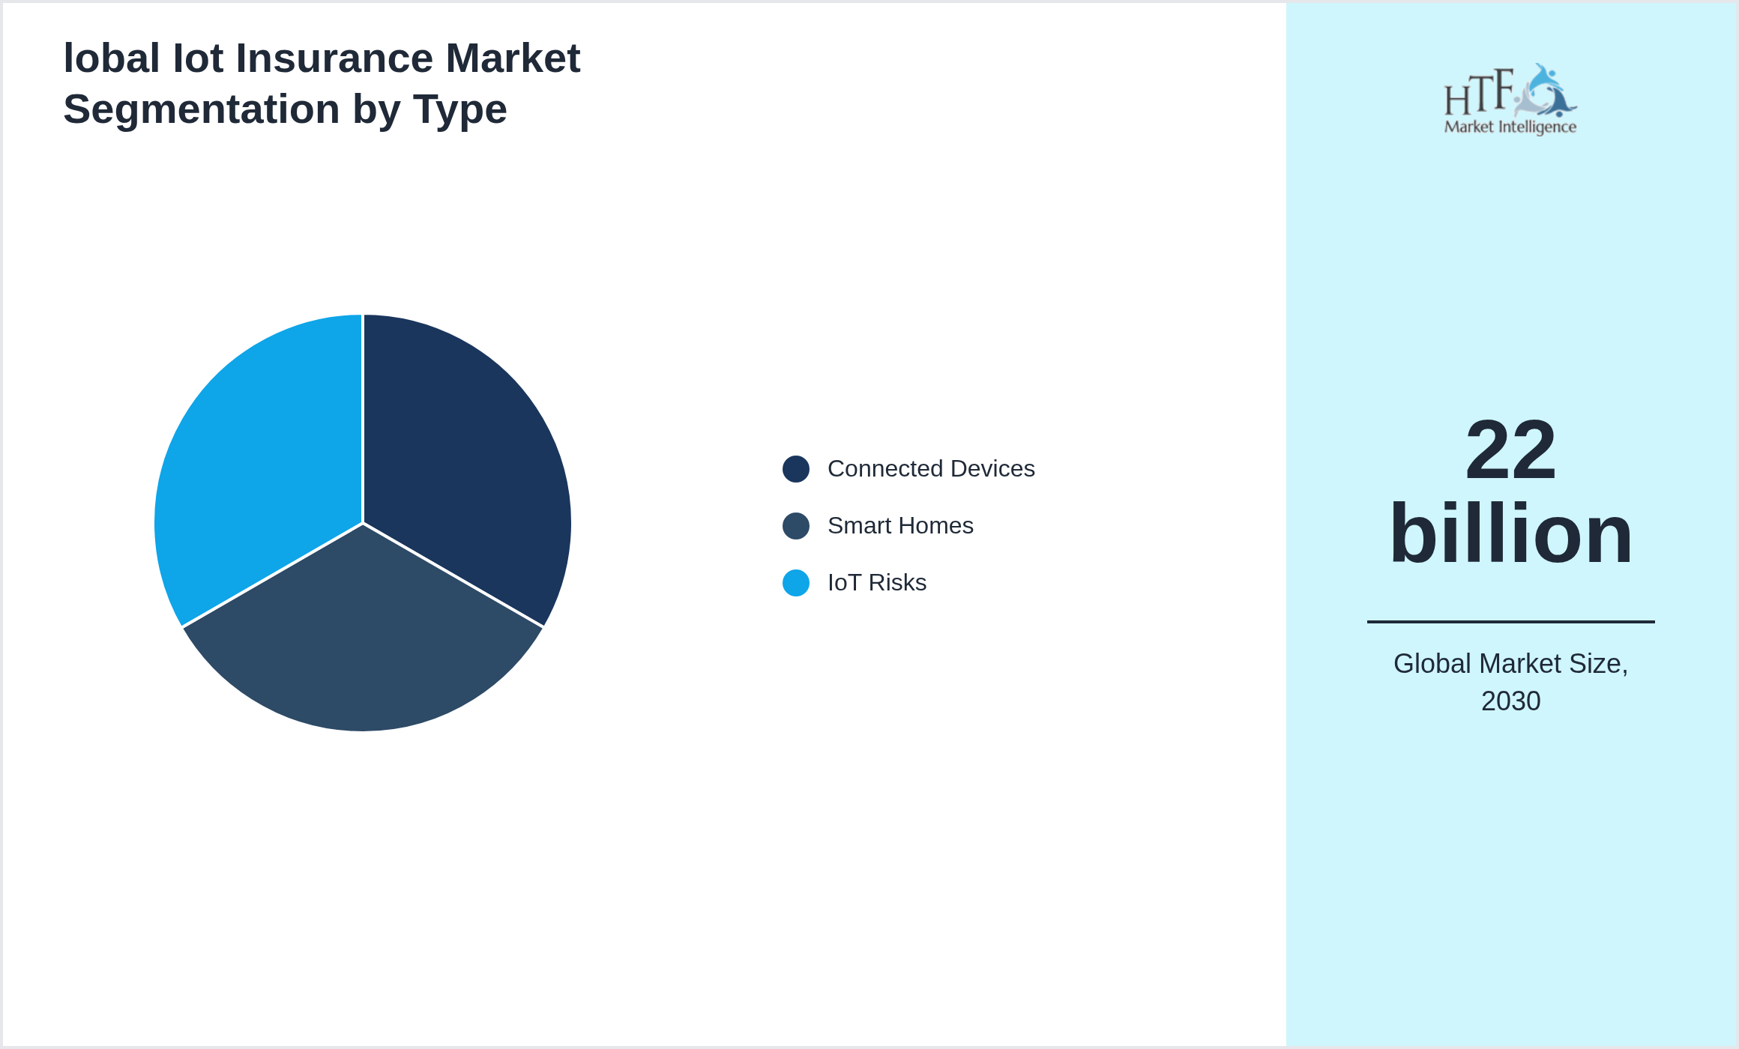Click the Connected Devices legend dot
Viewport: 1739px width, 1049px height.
(795, 469)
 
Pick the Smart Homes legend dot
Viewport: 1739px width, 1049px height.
(795, 526)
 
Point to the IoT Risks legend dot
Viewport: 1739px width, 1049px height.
(795, 583)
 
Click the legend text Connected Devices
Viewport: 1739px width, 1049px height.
(930, 469)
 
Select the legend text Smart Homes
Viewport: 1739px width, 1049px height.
(899, 526)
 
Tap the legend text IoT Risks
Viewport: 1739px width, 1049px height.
(876, 583)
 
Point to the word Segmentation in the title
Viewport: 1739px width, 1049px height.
(201, 109)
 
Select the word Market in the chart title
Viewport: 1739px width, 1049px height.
(513, 58)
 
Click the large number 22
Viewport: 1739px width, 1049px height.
(1510, 450)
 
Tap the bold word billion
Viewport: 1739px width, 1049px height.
(1510, 533)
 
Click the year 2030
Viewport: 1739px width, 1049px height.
(1510, 701)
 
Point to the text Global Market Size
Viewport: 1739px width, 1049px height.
(1510, 664)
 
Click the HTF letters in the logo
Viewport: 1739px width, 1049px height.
(1478, 93)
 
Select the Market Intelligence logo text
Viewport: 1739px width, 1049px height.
(1510, 127)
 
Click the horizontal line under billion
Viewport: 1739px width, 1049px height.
(1510, 621)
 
